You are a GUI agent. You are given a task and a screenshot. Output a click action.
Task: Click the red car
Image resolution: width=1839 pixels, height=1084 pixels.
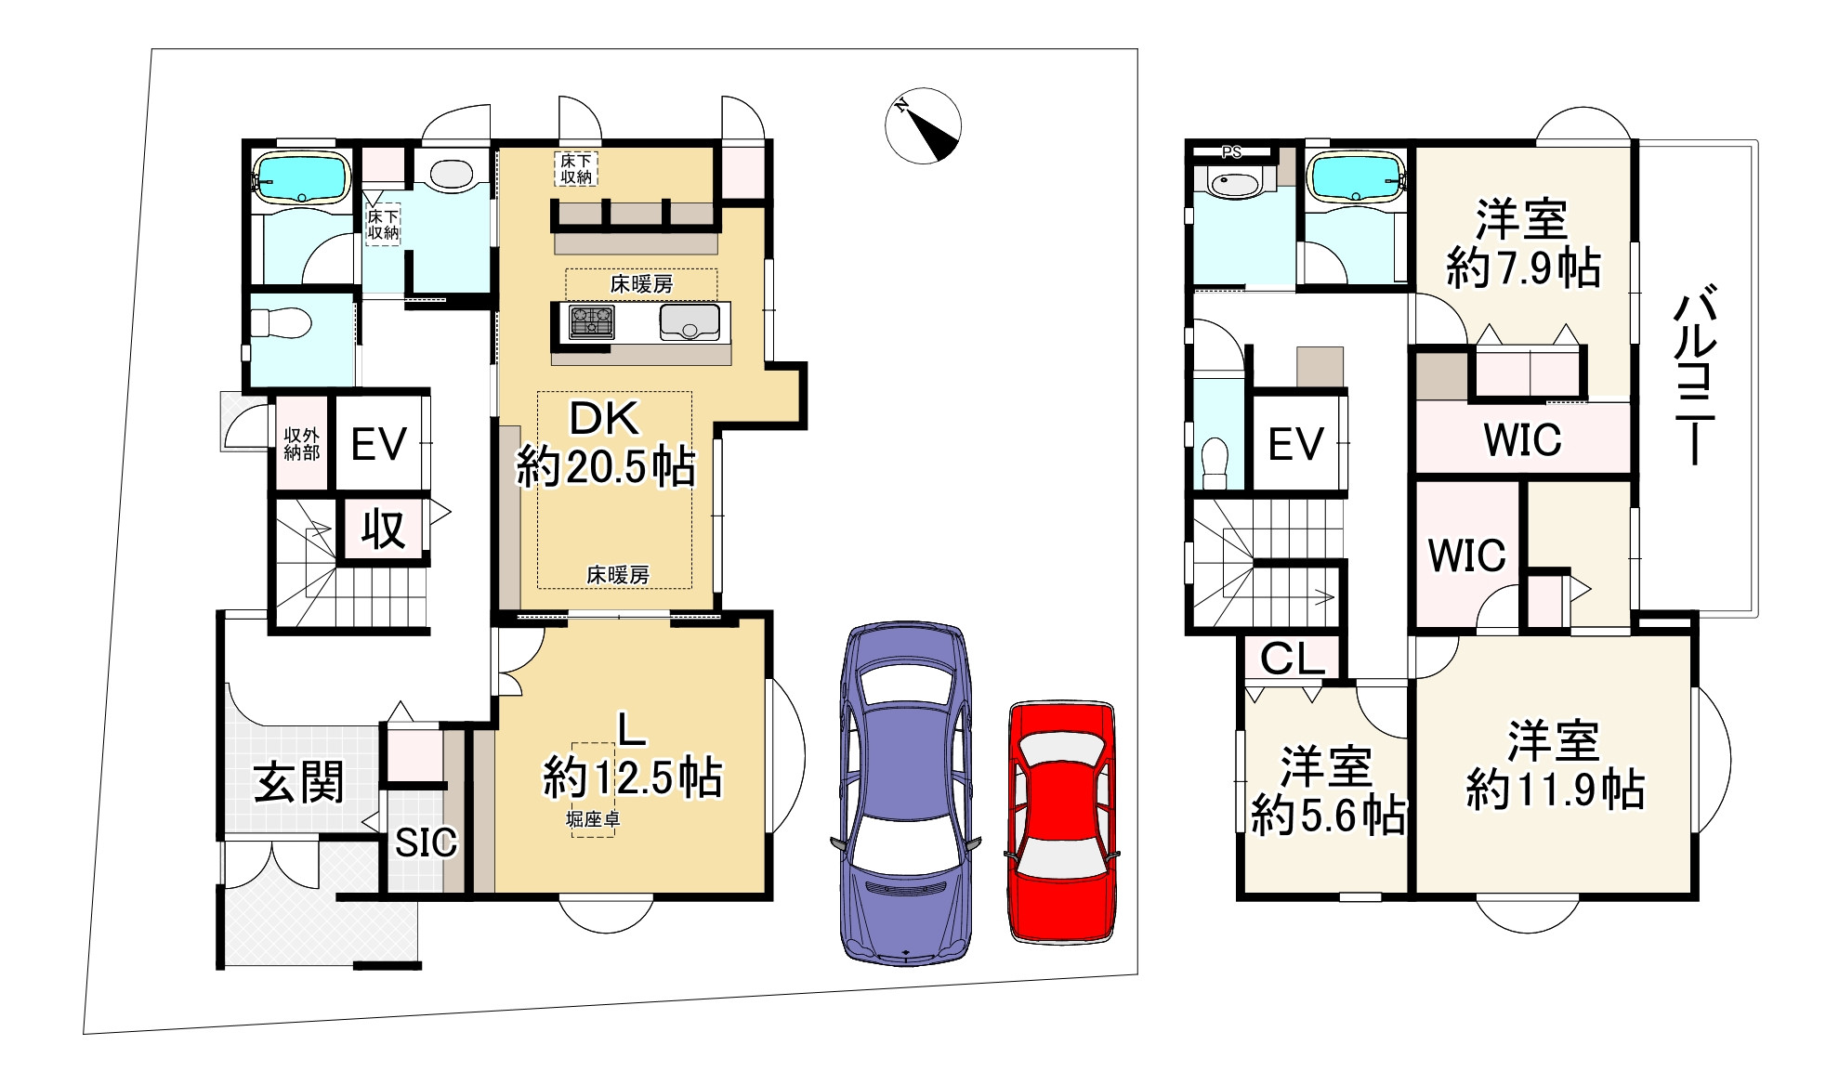(x=1062, y=823)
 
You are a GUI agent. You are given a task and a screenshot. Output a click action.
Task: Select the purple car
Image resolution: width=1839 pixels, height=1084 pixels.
(x=906, y=793)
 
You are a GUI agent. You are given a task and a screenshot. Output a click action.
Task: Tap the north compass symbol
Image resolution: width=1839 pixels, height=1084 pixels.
(x=923, y=126)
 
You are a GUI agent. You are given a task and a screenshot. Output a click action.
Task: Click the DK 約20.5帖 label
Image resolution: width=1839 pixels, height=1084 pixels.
(x=606, y=444)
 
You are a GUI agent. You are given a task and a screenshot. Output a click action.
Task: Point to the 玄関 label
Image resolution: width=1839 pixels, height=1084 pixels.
(x=299, y=782)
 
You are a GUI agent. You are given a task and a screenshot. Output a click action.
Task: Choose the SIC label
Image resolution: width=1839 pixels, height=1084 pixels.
(x=426, y=842)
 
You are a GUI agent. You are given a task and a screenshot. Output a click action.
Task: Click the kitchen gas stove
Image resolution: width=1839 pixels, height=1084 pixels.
(x=591, y=322)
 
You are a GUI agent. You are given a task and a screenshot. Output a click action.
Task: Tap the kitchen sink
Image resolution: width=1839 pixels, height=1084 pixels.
(x=690, y=322)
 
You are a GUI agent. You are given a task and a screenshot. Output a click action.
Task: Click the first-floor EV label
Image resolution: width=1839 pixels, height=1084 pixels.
(x=379, y=445)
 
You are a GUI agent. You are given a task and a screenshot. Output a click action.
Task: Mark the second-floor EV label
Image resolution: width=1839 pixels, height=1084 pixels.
(x=1296, y=444)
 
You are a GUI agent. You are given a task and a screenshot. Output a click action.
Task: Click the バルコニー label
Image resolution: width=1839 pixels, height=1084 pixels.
(x=1695, y=377)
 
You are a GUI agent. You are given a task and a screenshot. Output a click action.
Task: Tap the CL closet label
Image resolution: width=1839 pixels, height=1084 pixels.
(x=1292, y=659)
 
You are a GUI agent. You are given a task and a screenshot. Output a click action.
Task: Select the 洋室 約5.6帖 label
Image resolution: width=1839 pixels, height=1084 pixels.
(x=1327, y=790)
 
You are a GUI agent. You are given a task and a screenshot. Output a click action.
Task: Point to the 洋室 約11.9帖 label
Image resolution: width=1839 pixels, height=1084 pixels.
(x=1555, y=764)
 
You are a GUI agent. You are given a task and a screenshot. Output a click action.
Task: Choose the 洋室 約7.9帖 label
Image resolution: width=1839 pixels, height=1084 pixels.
(x=1523, y=243)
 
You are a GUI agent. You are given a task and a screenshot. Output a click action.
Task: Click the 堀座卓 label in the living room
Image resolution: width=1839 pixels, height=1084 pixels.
(x=594, y=820)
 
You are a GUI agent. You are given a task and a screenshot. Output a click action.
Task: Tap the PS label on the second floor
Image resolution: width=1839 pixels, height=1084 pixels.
(x=1231, y=152)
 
